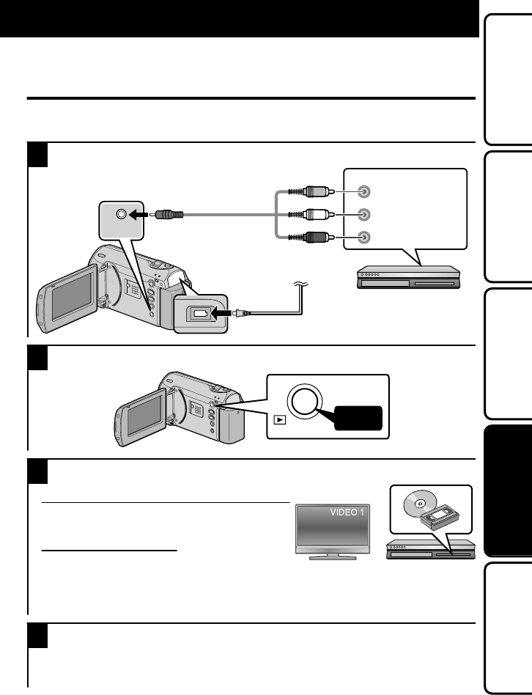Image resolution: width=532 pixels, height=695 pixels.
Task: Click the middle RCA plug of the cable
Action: tap(316, 216)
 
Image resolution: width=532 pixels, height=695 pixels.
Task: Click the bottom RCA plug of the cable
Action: tap(316, 238)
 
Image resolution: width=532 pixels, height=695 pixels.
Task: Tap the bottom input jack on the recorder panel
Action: tap(364, 238)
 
